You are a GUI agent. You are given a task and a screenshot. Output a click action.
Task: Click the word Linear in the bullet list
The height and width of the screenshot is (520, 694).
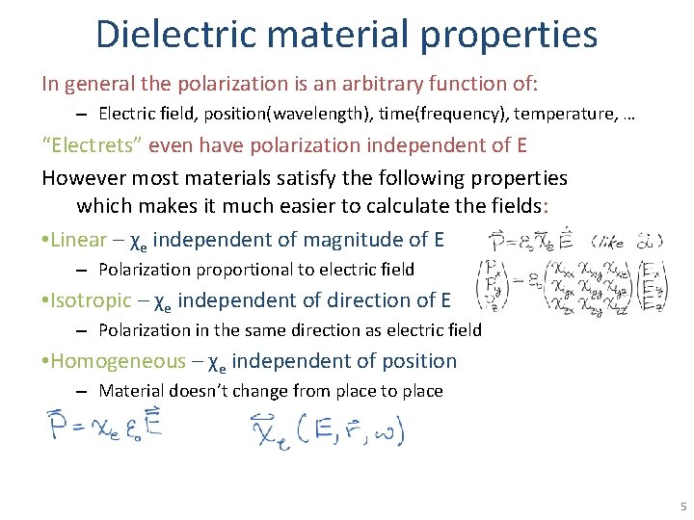pos(77,239)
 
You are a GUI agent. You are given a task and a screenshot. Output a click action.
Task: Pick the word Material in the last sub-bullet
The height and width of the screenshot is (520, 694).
pos(130,391)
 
